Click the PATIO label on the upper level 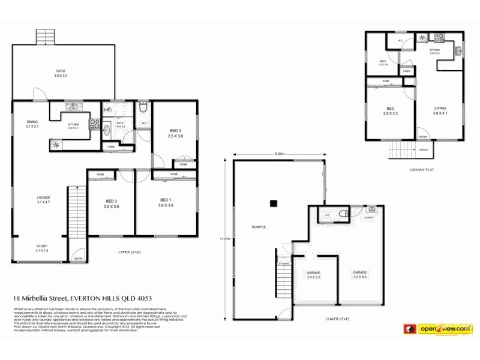(61, 71)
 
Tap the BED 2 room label (176, 130)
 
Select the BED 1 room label (166, 199)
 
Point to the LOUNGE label (43, 197)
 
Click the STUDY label (41, 246)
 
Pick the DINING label (32, 122)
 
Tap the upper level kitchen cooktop (94, 124)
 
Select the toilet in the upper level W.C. (143, 109)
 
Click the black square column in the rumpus (273, 203)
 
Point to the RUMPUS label (259, 227)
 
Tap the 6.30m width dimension (279, 154)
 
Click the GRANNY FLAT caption (421, 170)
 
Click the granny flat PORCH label (424, 149)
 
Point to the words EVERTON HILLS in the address (95, 298)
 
